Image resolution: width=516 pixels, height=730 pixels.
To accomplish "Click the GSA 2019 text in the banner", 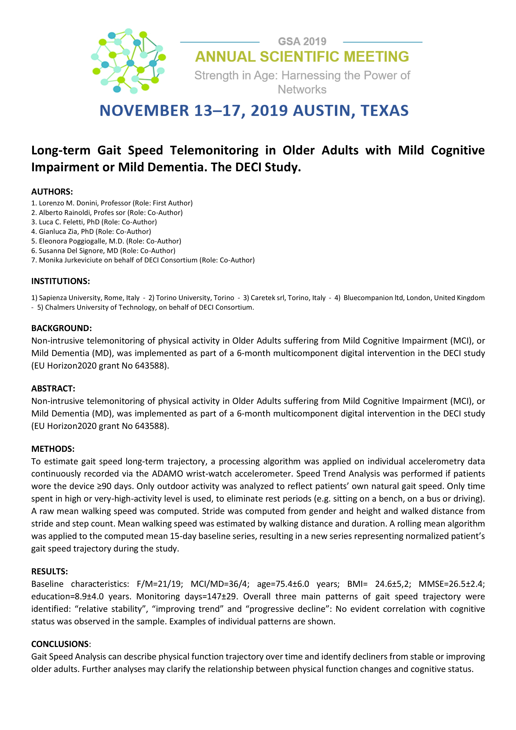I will [x=302, y=42].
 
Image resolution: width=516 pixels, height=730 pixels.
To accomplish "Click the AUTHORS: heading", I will [x=52, y=192].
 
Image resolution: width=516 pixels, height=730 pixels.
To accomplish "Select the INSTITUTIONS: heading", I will [x=60, y=281].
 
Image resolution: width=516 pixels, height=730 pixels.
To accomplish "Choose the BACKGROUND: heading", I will [x=61, y=328].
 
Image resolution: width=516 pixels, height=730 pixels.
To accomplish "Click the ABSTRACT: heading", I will [x=53, y=389].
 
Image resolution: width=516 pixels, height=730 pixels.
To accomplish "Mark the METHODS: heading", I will [x=53, y=449].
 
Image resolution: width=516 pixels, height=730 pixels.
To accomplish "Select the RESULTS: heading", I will [x=50, y=571].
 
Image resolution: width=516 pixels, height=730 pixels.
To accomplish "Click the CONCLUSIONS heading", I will [x=60, y=644].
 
